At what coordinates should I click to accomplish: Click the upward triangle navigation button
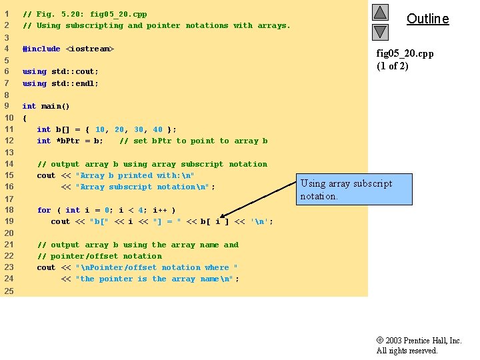[x=380, y=12]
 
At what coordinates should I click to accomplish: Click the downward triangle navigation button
[x=380, y=31]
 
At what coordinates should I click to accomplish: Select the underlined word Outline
[x=427, y=19]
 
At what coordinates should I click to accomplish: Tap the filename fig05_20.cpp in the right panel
[x=405, y=53]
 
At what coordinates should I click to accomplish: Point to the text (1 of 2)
[x=393, y=65]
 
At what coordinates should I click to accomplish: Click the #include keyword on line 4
[x=41, y=49]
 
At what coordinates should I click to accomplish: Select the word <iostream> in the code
[x=90, y=49]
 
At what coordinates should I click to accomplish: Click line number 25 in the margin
[x=9, y=291]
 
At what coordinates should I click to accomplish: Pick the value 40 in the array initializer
[x=157, y=129]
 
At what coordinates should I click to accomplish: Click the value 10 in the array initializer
[x=100, y=129]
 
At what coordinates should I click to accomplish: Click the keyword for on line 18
[x=44, y=210]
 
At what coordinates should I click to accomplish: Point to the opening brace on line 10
[x=25, y=118]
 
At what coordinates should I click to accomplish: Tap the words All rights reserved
[x=407, y=351]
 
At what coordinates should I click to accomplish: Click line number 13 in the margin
[x=9, y=153]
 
